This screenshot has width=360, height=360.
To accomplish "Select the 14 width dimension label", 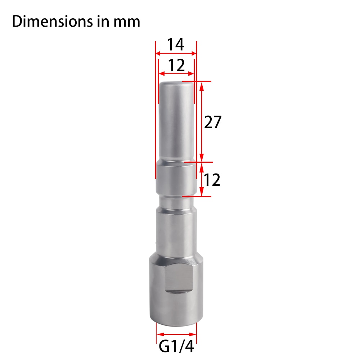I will click(x=175, y=45).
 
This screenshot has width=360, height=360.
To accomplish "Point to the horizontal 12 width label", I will click(x=176, y=66).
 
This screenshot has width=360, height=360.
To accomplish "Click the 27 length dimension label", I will click(x=212, y=122).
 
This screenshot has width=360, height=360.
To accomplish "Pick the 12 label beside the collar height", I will click(x=212, y=180).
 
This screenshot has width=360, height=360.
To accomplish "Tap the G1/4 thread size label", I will click(x=176, y=346).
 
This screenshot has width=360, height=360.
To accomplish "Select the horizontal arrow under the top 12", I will click(x=176, y=74).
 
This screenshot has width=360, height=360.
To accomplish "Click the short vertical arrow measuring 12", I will click(x=202, y=179).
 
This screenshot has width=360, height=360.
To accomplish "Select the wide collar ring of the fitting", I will click(x=176, y=178).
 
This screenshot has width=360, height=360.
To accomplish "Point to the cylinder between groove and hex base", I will click(x=176, y=230).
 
